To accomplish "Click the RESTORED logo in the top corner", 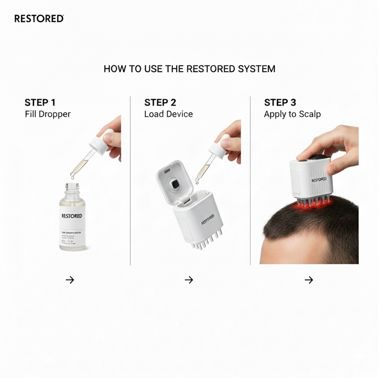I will click(x=39, y=18).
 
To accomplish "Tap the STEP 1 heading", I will click(x=40, y=102).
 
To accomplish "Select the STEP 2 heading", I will click(x=160, y=102).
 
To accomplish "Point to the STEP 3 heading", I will click(x=280, y=102).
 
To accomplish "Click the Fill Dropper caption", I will click(x=48, y=114).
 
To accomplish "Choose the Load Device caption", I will click(x=168, y=114).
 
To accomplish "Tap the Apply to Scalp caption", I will click(x=292, y=114).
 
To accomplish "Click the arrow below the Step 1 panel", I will click(x=70, y=280).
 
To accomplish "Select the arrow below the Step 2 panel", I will click(x=189, y=280).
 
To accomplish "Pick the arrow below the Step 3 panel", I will click(x=309, y=280).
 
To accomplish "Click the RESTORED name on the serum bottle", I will click(x=72, y=216).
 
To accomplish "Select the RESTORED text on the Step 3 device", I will click(x=319, y=180).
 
